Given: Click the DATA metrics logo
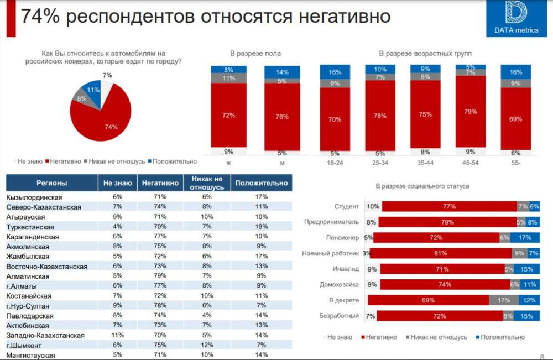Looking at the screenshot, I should click(516, 18).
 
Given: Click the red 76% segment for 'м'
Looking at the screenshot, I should click(282, 116).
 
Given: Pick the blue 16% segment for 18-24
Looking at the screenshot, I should click(335, 72).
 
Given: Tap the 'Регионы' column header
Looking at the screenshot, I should click(52, 183).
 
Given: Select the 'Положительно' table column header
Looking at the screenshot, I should click(262, 183).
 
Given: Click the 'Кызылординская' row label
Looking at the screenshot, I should click(34, 197).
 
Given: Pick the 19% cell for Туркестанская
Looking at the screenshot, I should click(262, 227).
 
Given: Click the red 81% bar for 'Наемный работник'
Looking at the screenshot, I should click(441, 254).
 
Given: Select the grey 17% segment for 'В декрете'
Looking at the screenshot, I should click(503, 300).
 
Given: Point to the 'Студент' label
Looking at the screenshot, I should click(347, 207).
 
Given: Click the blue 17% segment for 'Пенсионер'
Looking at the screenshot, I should click(525, 238).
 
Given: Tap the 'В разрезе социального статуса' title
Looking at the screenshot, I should click(422, 186).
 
